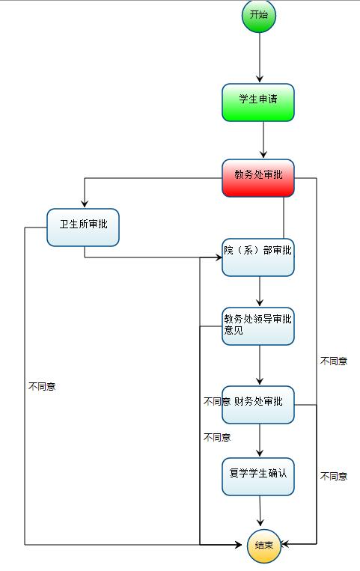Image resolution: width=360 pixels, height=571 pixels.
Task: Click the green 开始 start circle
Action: tap(259, 15)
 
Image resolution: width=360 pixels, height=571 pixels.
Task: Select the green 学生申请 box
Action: tap(258, 103)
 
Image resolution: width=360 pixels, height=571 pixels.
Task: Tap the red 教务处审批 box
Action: tap(258, 178)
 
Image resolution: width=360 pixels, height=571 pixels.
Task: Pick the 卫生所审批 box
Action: tap(83, 228)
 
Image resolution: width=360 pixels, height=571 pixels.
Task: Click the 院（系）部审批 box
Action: tap(258, 257)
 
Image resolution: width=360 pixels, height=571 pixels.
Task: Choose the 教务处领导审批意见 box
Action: tap(258, 326)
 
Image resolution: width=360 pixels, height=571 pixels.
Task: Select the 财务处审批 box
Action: tap(258, 405)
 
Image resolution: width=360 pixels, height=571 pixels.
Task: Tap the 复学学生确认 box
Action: tap(258, 476)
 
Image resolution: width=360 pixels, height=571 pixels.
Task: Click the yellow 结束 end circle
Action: tap(263, 546)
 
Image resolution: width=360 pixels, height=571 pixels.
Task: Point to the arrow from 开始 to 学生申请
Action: tap(260, 58)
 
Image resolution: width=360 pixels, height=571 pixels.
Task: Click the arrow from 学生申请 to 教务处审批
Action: tap(263, 140)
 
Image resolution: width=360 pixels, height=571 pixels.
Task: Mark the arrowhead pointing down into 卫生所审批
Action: tap(85, 204)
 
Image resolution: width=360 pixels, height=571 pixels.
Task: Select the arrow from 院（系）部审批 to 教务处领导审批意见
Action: tap(260, 291)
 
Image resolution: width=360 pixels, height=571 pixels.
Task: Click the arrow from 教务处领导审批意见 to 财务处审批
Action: tap(260, 365)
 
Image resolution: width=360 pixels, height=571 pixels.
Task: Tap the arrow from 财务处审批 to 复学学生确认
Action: tap(260, 440)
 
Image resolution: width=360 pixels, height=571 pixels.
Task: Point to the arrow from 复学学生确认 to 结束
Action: tap(260, 511)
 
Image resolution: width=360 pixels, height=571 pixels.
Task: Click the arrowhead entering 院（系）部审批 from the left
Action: tap(218, 257)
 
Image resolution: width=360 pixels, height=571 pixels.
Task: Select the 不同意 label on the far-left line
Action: tap(42, 386)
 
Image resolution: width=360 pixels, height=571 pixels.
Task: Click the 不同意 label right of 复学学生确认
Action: tap(334, 476)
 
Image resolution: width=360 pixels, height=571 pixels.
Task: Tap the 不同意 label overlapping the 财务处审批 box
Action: tap(217, 401)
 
